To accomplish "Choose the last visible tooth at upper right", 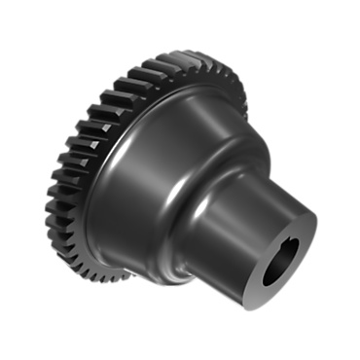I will pos(242,96).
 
